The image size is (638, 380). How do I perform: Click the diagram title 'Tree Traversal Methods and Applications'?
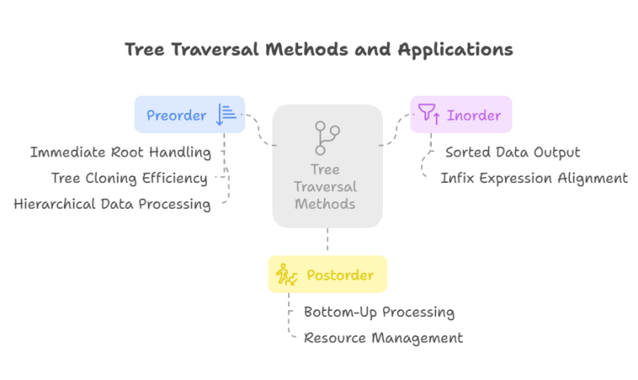pos(318,49)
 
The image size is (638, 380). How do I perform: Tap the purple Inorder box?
pos(461,115)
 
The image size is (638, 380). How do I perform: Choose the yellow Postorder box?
pos(327,274)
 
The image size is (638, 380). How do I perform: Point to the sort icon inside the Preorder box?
pos(226,115)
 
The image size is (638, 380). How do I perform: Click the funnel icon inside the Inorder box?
pos(429,115)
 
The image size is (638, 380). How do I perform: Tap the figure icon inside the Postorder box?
pos(287,274)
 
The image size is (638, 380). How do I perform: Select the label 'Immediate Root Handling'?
pos(120,152)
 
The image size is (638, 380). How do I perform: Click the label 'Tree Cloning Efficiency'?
pos(129,178)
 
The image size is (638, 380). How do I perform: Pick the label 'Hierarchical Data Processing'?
pos(112,204)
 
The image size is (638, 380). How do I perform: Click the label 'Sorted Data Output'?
pos(513,152)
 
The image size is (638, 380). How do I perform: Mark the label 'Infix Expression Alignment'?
pos(534,178)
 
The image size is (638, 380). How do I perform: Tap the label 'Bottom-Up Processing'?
pos(379,313)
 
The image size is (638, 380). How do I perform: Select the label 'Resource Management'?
pos(383,338)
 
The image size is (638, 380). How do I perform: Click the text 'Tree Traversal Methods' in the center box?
pos(327,187)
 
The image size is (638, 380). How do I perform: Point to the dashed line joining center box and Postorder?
pos(327,241)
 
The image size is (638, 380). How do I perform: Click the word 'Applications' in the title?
pos(455,49)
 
